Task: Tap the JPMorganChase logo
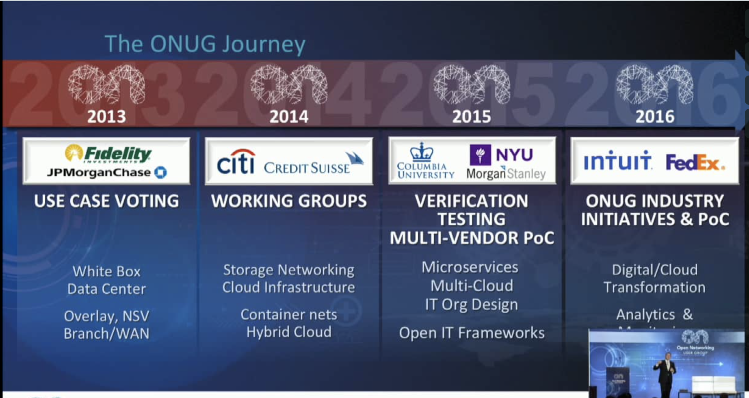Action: pos(106,173)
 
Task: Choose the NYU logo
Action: pos(501,154)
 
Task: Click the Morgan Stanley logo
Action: pos(506,174)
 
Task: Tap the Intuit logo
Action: pos(617,161)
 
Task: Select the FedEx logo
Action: pos(695,162)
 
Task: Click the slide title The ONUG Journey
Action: pos(205,44)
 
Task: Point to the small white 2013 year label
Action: pos(106,117)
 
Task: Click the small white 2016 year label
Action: pos(654,117)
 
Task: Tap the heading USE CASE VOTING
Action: pos(106,201)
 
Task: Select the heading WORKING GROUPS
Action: pos(289,201)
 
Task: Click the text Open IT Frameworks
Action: pos(472,333)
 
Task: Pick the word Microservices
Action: pos(470,267)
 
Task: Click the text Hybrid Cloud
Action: pos(289,332)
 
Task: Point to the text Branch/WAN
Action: pos(106,333)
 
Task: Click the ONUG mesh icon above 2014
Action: pos(289,84)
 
